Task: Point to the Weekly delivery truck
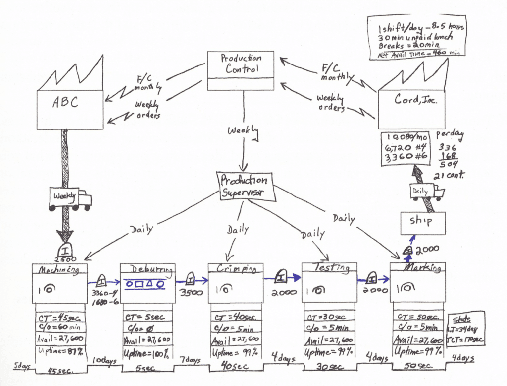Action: pyautogui.click(x=69, y=197)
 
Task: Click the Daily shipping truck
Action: pyautogui.click(x=426, y=192)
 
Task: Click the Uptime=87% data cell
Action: pyautogui.click(x=60, y=351)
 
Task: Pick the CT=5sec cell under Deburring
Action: pyautogui.click(x=148, y=317)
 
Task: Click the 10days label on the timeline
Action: pyautogui.click(x=104, y=361)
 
